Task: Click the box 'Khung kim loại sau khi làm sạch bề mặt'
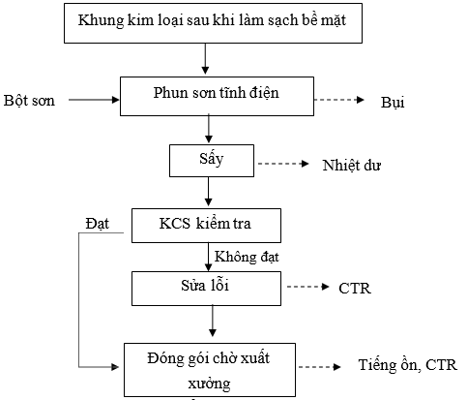tap(213, 23)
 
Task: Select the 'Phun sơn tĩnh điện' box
tap(217, 96)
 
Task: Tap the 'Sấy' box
tap(212, 161)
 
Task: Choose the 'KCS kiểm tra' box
tap(206, 226)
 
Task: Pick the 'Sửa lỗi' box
tap(206, 289)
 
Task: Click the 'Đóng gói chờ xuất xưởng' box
tap(210, 370)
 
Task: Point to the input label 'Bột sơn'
tap(29, 101)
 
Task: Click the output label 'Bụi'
tap(393, 103)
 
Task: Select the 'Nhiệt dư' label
tap(352, 166)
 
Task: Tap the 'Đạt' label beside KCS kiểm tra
tap(98, 224)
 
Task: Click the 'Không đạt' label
tap(247, 257)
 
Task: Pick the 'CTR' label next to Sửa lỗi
tap(355, 289)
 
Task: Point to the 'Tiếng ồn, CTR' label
tap(408, 365)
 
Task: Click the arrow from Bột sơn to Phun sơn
tap(94, 100)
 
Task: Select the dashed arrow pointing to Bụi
tap(339, 100)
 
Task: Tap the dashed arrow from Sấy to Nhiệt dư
tap(283, 164)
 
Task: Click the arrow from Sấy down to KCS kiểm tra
tap(209, 192)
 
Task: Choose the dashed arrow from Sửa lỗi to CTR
tap(307, 287)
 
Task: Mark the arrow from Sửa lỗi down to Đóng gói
tap(213, 321)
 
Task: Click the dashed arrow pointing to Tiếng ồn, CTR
tap(320, 367)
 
